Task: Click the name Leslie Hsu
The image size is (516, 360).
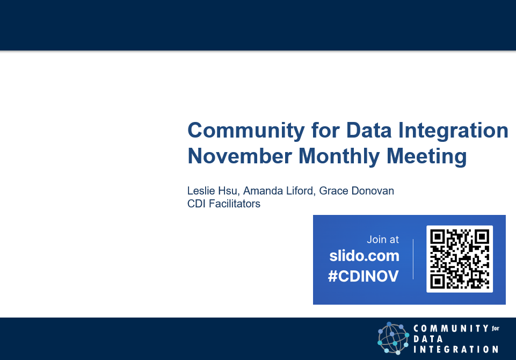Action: pyautogui.click(x=212, y=191)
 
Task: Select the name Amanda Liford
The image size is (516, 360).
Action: pyautogui.click(x=278, y=191)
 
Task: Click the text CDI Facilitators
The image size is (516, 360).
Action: pyautogui.click(x=223, y=204)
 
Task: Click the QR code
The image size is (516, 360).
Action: pyautogui.click(x=460, y=259)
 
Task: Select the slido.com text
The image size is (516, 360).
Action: pyautogui.click(x=365, y=256)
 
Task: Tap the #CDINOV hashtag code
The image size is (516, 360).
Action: pyautogui.click(x=364, y=276)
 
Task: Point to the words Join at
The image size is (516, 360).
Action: pyautogui.click(x=383, y=240)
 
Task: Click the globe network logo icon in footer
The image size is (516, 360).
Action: pyautogui.click(x=394, y=338)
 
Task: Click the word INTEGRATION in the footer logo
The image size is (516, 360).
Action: pyautogui.click(x=456, y=349)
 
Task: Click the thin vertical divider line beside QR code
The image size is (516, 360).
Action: pyautogui.click(x=413, y=259)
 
